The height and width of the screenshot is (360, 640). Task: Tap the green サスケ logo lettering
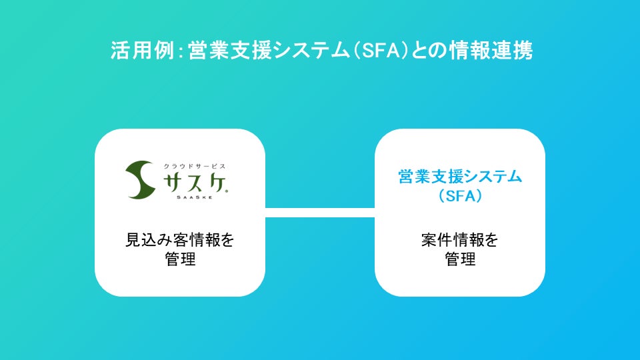[x=193, y=181]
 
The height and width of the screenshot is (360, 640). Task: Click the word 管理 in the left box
[x=180, y=259]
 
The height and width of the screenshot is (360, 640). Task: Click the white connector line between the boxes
[x=320, y=213]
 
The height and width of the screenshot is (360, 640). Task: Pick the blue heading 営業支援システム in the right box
[x=460, y=177]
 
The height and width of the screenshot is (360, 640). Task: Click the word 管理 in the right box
[x=460, y=259]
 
